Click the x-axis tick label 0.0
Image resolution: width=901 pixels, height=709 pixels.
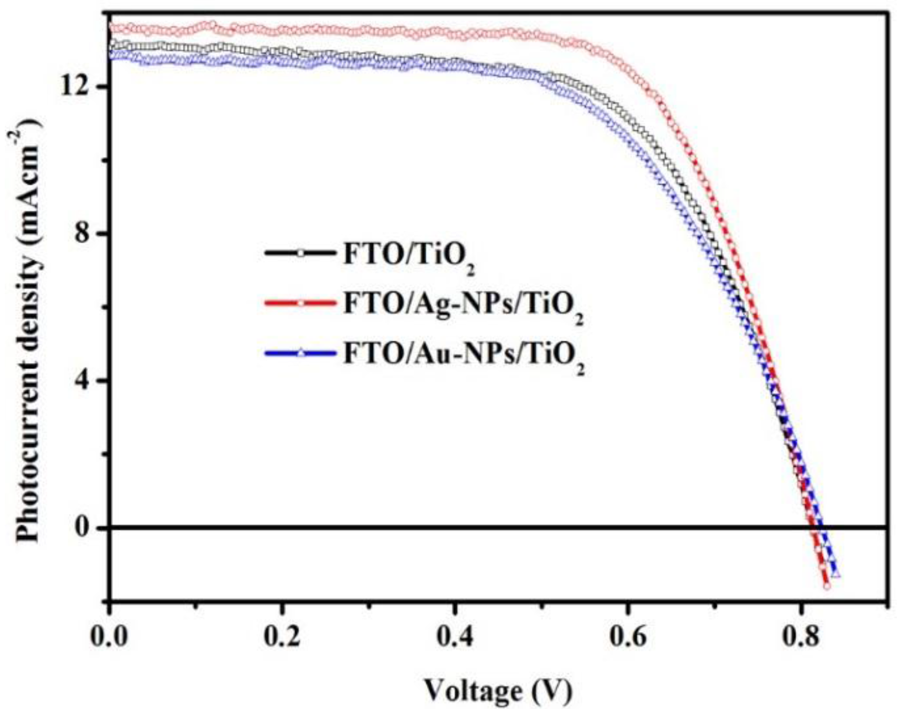(x=110, y=637)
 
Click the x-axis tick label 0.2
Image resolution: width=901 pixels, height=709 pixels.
(x=282, y=637)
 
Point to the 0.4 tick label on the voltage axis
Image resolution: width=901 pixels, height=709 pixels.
(x=455, y=637)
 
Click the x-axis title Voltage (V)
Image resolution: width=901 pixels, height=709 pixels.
(x=498, y=691)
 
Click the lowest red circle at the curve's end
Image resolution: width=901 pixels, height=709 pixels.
(x=827, y=586)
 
